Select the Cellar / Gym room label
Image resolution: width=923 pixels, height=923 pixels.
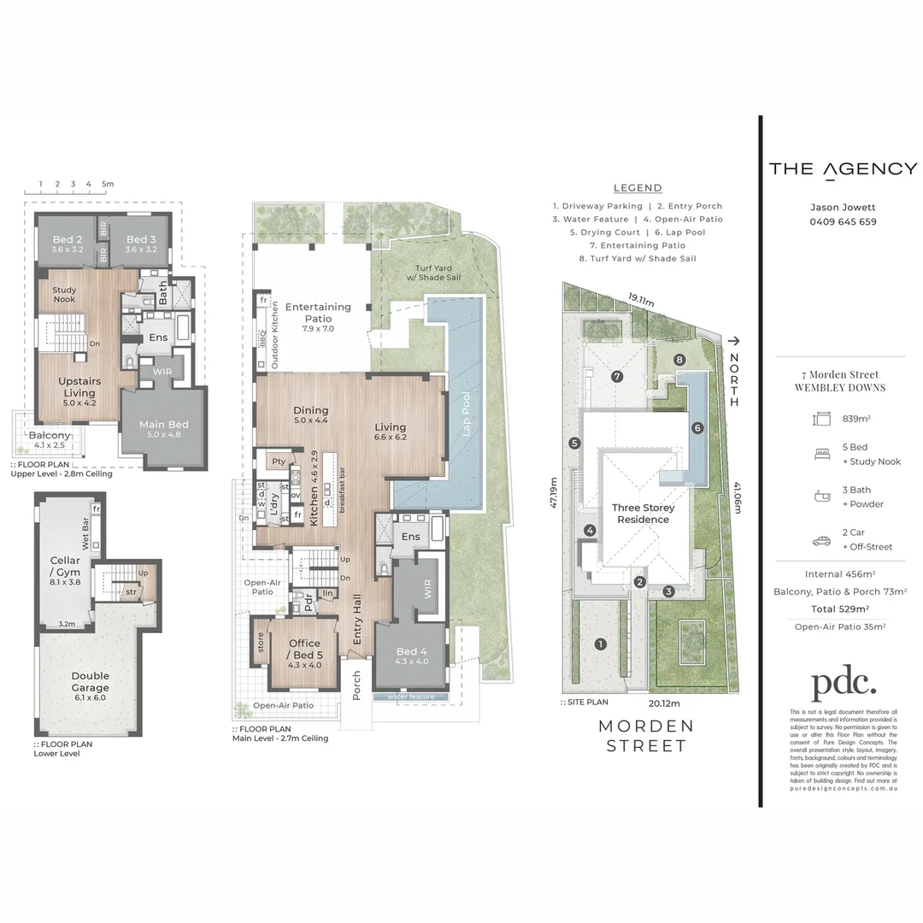pyautogui.click(x=65, y=566)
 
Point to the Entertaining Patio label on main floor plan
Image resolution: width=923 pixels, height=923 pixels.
pyautogui.click(x=318, y=312)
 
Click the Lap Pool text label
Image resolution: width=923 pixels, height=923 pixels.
pyautogui.click(x=466, y=414)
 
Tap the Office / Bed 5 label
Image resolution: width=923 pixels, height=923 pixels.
pyautogui.click(x=304, y=648)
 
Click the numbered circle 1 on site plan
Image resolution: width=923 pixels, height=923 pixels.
pyautogui.click(x=601, y=644)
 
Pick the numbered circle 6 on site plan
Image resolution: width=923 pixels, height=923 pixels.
pyautogui.click(x=697, y=428)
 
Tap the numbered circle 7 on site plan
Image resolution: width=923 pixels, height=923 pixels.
pyautogui.click(x=616, y=376)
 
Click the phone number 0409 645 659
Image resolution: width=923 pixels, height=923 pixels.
pyautogui.click(x=843, y=222)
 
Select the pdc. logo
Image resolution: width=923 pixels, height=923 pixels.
pyautogui.click(x=843, y=683)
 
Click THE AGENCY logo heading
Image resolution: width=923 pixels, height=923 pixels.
pyautogui.click(x=843, y=168)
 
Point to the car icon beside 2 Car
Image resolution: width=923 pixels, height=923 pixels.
pyautogui.click(x=822, y=541)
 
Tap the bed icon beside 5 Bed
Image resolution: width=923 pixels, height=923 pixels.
pyautogui.click(x=822, y=455)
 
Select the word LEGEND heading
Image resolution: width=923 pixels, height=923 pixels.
pyautogui.click(x=638, y=188)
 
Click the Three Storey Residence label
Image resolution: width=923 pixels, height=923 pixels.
pyautogui.click(x=643, y=514)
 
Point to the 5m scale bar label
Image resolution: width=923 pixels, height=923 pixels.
pyautogui.click(x=107, y=184)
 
